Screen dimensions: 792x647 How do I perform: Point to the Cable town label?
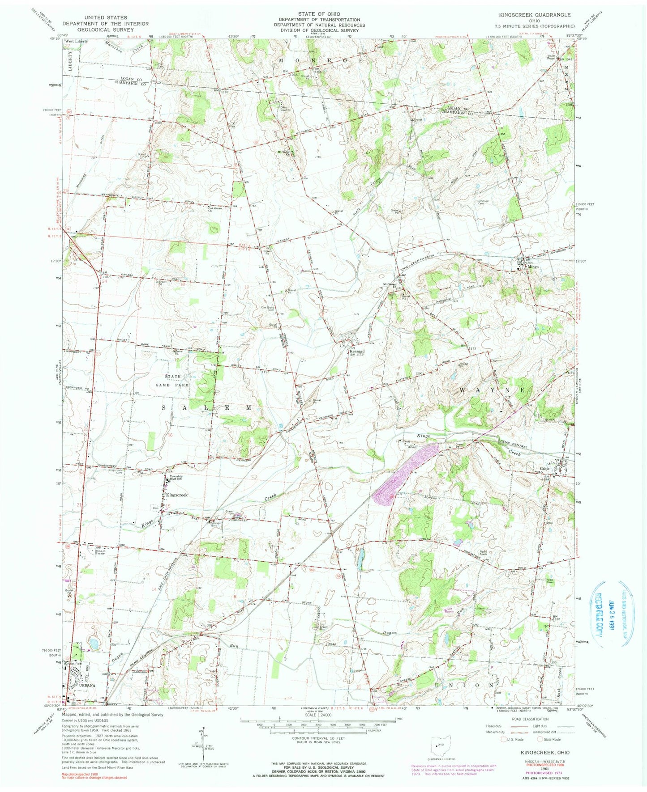click(x=544, y=469)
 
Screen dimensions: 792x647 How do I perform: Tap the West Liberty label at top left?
click(x=77, y=41)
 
